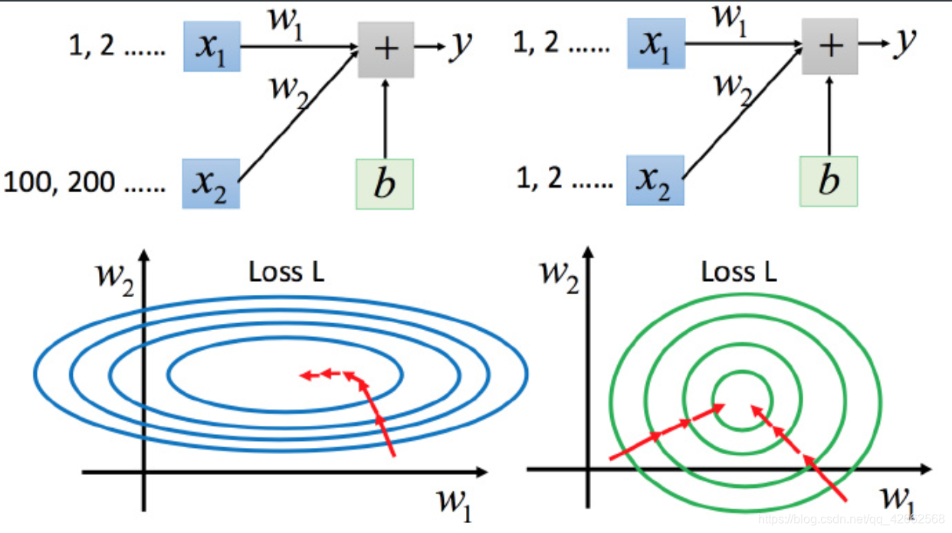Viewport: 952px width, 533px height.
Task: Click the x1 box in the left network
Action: pos(212,47)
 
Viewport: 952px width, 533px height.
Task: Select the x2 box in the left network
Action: pos(212,184)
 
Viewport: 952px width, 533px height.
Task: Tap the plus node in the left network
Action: pos(386,48)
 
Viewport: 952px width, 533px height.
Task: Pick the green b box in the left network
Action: pos(385,184)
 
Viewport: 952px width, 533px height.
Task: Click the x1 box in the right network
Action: pos(655,44)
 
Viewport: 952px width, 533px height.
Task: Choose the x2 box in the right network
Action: pos(655,180)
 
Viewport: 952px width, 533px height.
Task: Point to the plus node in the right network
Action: pos(830,46)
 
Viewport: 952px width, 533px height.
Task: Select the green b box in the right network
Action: pos(829,181)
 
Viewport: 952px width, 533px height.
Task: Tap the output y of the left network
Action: pos(460,46)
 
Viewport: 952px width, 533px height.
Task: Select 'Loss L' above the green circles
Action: pos(739,273)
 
